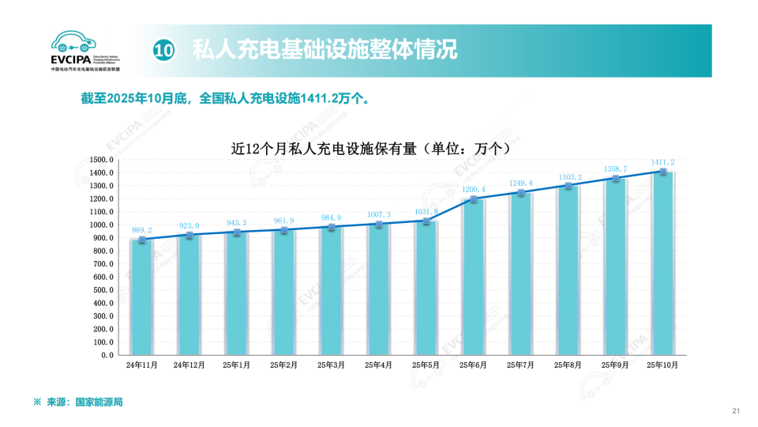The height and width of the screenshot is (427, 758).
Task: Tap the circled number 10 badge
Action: (x=163, y=51)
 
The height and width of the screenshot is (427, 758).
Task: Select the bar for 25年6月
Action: (x=473, y=277)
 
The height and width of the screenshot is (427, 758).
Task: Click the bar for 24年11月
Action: (x=141, y=297)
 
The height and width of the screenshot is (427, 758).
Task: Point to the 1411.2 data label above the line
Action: (x=662, y=162)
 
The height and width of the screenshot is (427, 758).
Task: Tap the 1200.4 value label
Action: (x=473, y=190)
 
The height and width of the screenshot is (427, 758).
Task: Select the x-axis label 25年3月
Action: (x=331, y=365)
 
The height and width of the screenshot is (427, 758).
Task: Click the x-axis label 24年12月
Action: (x=189, y=365)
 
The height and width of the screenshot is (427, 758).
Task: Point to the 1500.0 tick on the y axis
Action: (x=103, y=160)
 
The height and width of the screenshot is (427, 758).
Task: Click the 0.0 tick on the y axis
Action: (x=107, y=356)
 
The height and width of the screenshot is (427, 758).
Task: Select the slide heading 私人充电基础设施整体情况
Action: (x=325, y=51)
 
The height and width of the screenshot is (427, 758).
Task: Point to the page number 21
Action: (x=736, y=410)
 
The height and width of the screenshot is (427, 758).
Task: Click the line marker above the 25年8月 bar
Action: (x=568, y=186)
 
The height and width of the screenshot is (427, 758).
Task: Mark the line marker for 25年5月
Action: (x=426, y=221)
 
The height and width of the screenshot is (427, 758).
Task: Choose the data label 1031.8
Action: (x=426, y=212)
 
